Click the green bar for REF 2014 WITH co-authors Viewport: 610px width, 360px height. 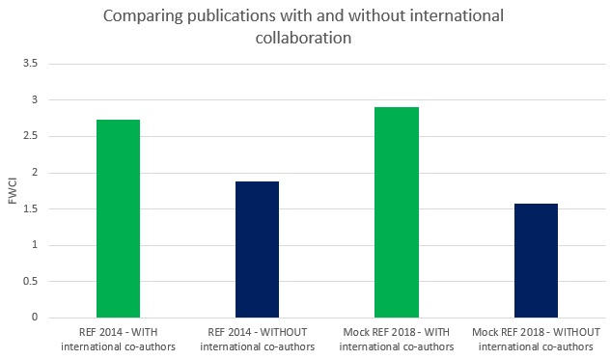(x=118, y=218)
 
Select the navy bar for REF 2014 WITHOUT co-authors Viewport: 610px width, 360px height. (x=257, y=249)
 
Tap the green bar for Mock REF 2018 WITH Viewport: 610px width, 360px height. (x=396, y=212)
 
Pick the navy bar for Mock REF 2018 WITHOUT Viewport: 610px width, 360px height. (x=536, y=261)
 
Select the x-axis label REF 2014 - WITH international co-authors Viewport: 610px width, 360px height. (x=118, y=340)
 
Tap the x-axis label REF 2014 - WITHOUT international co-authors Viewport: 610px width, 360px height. (x=257, y=340)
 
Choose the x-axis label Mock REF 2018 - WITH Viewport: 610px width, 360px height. (x=396, y=340)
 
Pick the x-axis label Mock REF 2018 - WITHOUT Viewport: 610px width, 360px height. (x=536, y=340)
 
